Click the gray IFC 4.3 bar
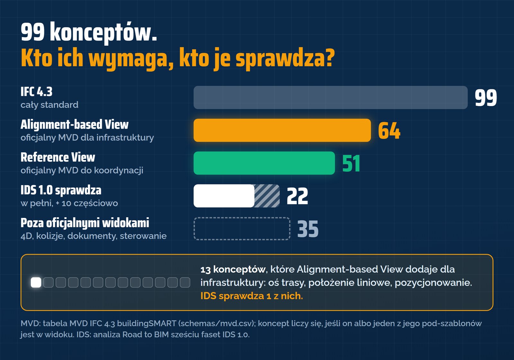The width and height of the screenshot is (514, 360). (x=331, y=98)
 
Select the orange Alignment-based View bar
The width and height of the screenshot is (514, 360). (x=282, y=130)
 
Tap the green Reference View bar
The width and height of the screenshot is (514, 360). (x=264, y=163)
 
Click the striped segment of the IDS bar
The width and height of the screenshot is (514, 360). (x=267, y=196)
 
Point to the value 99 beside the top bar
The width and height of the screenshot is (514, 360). (x=486, y=98)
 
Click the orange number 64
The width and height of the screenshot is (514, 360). (x=389, y=130)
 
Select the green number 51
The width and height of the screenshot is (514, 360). (x=351, y=163)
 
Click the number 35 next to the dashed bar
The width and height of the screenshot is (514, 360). (x=308, y=229)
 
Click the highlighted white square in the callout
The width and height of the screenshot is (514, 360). (x=36, y=283)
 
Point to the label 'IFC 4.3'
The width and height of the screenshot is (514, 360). (x=37, y=92)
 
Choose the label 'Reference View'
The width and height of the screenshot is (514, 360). (x=58, y=157)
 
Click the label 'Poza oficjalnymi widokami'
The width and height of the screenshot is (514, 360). (x=85, y=223)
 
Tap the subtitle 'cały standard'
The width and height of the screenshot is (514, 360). (x=49, y=105)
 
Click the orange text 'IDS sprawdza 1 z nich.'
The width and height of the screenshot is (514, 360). (x=252, y=296)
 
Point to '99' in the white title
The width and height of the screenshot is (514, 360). (x=32, y=32)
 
